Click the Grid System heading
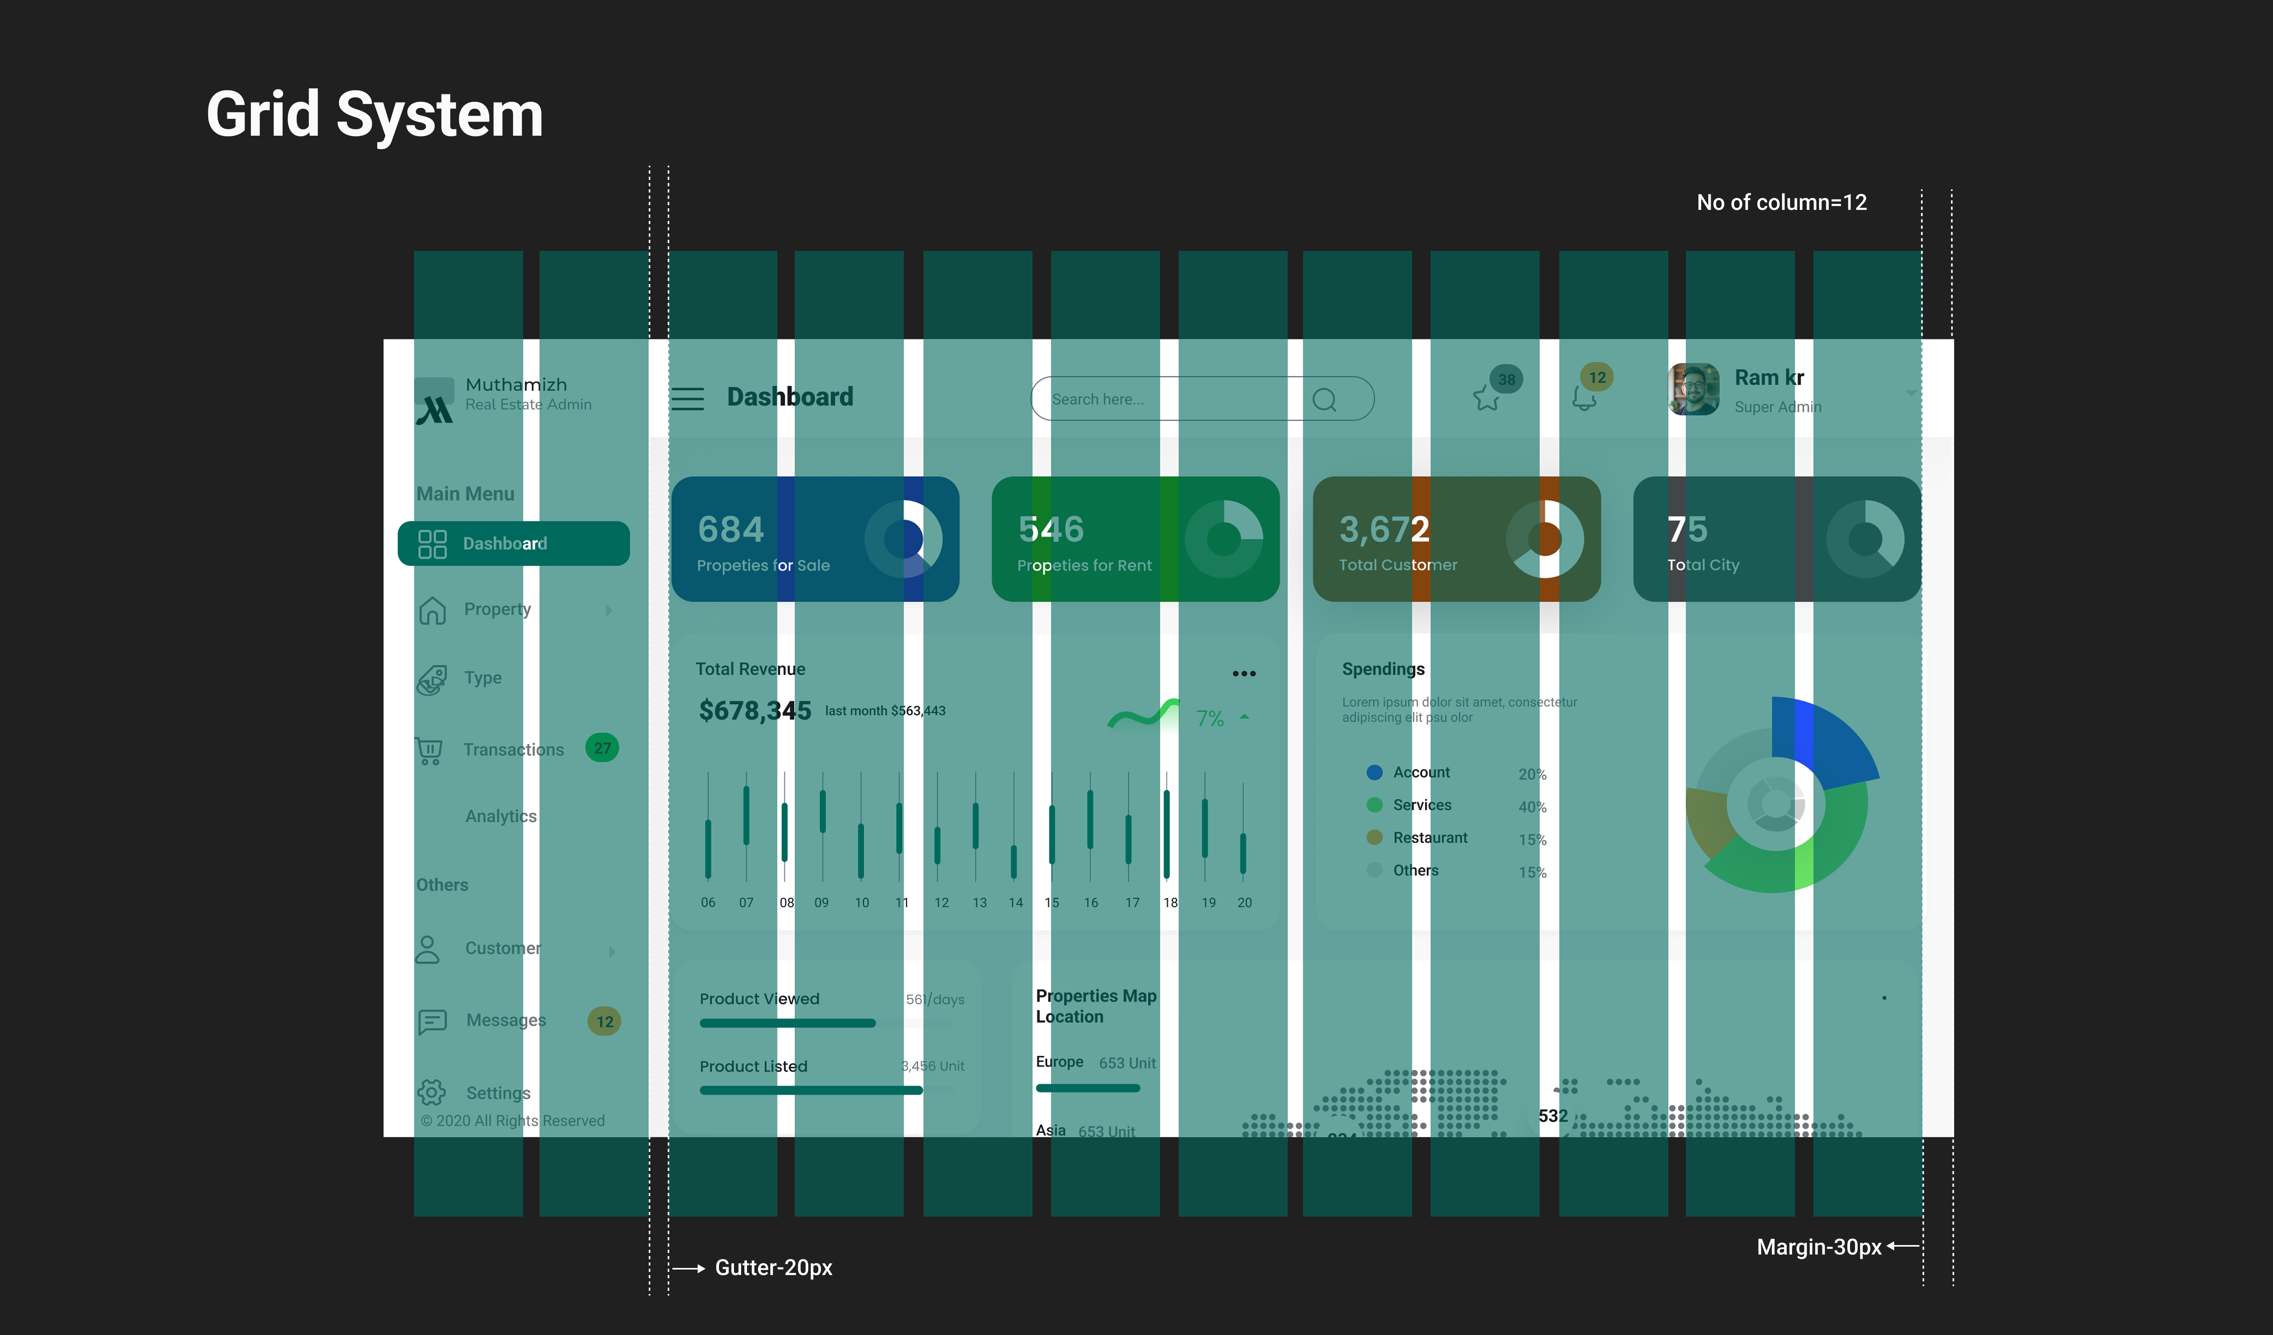click(374, 114)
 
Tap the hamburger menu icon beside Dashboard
click(687, 399)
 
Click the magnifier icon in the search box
click(1324, 400)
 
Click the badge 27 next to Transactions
click(602, 748)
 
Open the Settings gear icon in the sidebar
click(431, 1092)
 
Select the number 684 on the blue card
click(730, 529)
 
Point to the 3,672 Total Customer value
click(1384, 529)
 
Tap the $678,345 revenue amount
click(755, 711)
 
